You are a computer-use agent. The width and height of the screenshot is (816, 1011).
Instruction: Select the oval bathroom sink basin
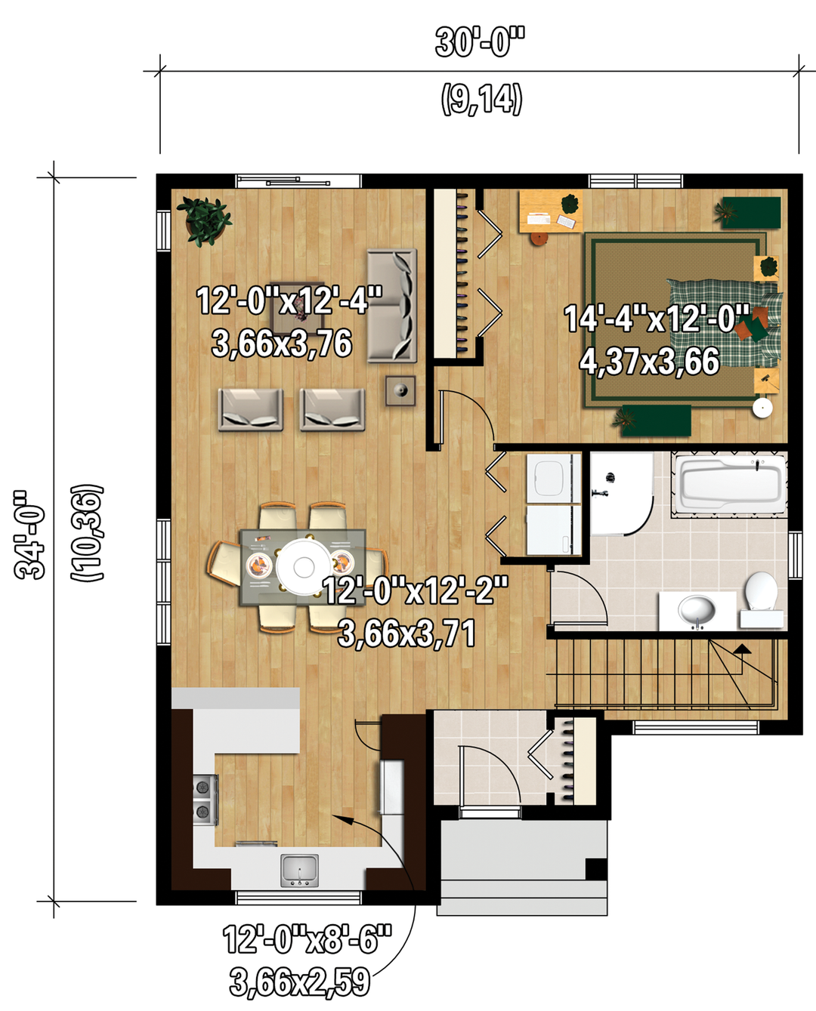tap(697, 610)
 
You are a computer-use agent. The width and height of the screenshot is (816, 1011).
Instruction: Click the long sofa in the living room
tap(391, 306)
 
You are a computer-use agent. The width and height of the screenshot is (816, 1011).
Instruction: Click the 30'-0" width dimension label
tap(479, 42)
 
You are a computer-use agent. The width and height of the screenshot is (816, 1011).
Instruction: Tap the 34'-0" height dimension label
tap(29, 535)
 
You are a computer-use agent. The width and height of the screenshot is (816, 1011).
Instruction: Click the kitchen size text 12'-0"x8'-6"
tap(307, 939)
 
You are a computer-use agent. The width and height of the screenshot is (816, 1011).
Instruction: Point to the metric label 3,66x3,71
tap(406, 633)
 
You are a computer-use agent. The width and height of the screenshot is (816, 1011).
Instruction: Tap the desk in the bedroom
tap(551, 211)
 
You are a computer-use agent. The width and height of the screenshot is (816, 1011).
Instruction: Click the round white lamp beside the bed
tap(762, 408)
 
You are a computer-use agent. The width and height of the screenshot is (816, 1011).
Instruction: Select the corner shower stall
tap(621, 493)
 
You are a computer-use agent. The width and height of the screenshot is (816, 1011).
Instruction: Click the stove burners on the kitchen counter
tap(206, 799)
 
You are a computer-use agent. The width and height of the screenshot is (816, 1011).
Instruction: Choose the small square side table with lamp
tap(400, 390)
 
